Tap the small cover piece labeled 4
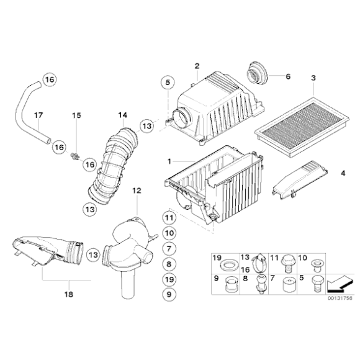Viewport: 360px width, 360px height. [299, 181]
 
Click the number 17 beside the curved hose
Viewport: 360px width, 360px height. [38, 115]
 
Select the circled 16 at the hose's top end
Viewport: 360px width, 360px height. [49, 79]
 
